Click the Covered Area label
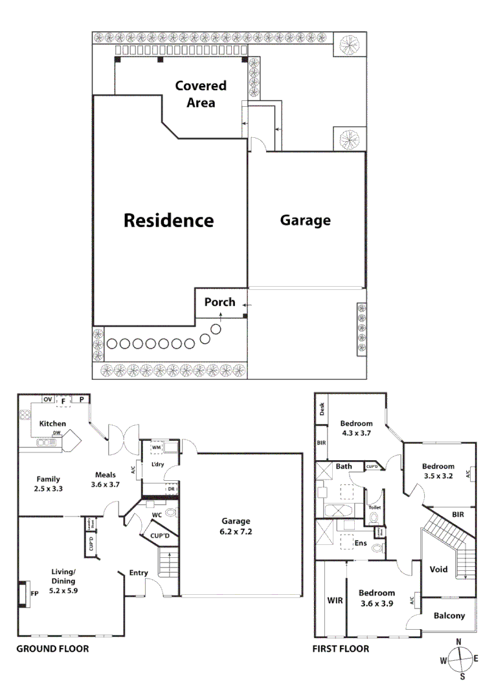click(x=201, y=94)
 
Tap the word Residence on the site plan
click(x=168, y=220)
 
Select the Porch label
click(x=220, y=302)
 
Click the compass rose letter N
click(x=458, y=642)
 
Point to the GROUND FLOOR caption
click(x=52, y=649)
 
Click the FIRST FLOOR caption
click(x=341, y=649)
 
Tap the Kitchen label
click(x=52, y=424)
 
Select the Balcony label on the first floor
click(x=449, y=616)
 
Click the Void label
click(x=439, y=570)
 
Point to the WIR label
click(x=335, y=601)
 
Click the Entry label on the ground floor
click(x=139, y=573)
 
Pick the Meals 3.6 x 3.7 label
click(x=106, y=480)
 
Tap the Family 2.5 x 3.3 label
click(x=48, y=484)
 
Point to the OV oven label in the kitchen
click(x=47, y=400)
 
